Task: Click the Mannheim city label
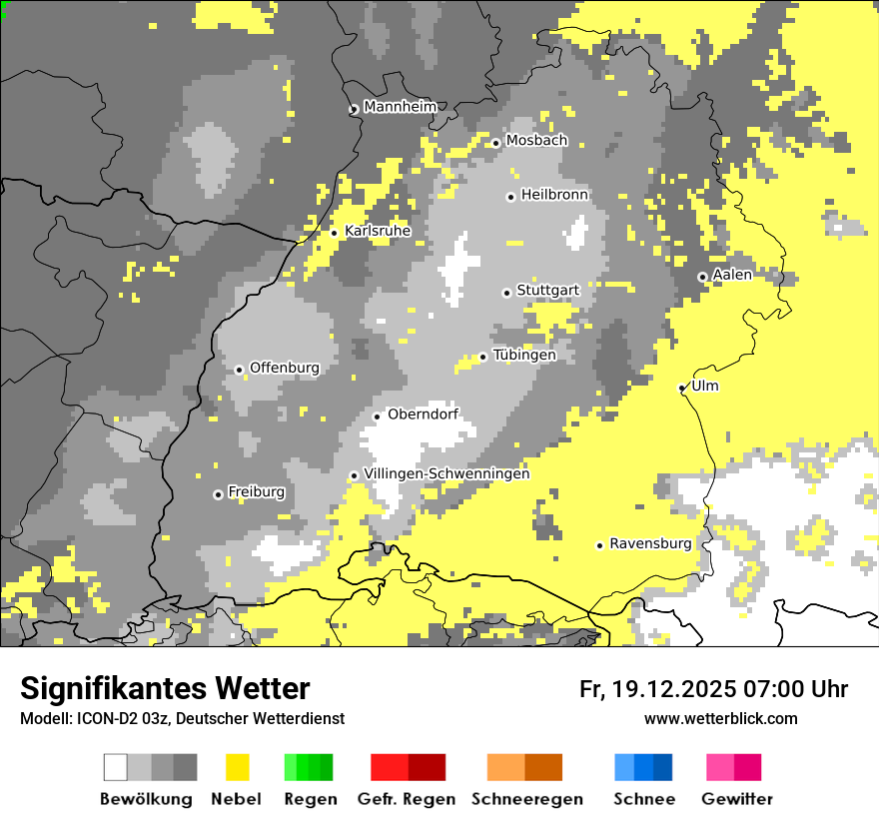(401, 107)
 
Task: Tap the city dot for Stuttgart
(506, 293)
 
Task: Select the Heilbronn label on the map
(554, 195)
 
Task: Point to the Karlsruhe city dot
(334, 234)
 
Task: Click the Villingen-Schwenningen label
(446, 473)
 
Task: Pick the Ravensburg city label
(650, 544)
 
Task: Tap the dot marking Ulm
(681, 389)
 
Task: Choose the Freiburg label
(256, 492)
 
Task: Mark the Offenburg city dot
(239, 370)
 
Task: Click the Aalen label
(732, 275)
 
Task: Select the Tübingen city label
(524, 356)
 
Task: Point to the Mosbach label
(536, 141)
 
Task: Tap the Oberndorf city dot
(377, 416)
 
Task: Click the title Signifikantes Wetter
(165, 688)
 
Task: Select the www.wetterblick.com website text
(720, 718)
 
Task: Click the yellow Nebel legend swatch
(237, 767)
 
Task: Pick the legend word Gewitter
(737, 799)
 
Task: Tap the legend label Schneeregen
(527, 799)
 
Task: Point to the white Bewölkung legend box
(116, 767)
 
